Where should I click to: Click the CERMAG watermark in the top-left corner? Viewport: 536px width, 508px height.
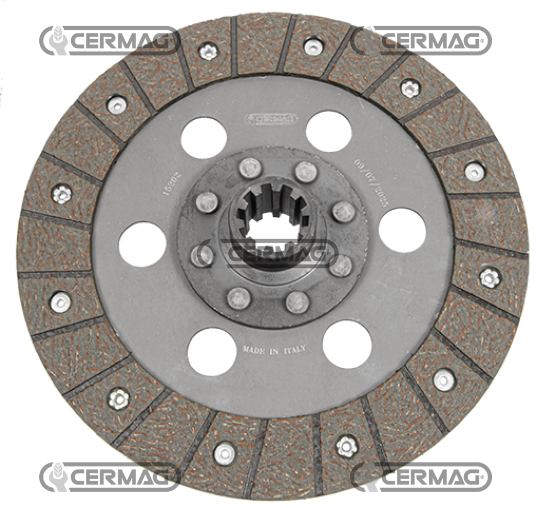coord(110,40)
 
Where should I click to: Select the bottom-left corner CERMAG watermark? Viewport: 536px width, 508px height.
coord(110,477)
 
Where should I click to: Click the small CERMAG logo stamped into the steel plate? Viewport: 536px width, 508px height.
coord(271,119)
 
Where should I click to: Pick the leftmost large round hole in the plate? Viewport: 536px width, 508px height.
coord(142,244)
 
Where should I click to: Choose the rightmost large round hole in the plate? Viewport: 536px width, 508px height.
coord(402,230)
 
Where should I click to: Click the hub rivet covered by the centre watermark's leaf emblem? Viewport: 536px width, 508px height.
coord(202,256)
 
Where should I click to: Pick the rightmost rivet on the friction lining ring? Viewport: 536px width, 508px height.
coord(490,277)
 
